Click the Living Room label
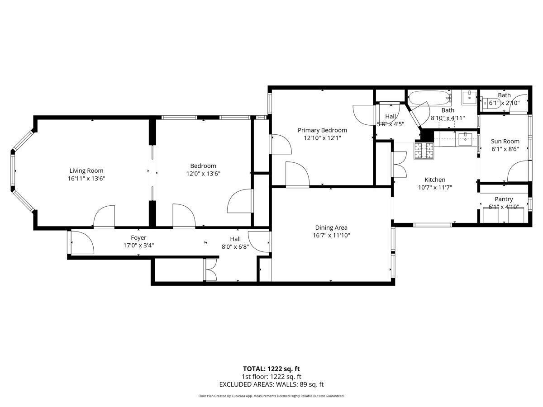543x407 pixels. [86, 170]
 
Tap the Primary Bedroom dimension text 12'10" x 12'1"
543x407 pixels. [322, 138]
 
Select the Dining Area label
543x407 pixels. [331, 227]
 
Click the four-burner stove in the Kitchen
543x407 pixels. [424, 151]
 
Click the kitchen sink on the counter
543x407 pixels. [465, 139]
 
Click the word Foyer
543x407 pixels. [138, 237]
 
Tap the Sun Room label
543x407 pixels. [505, 141]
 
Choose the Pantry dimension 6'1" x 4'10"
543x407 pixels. [504, 207]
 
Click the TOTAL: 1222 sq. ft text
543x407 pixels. [271, 369]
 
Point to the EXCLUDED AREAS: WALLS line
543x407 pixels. [271, 384]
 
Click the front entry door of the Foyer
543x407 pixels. [81, 243]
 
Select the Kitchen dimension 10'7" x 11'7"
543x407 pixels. [434, 187]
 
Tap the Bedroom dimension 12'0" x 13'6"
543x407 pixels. [203, 173]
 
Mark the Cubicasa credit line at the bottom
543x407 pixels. [271, 396]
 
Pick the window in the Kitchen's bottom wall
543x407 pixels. [433, 224]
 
